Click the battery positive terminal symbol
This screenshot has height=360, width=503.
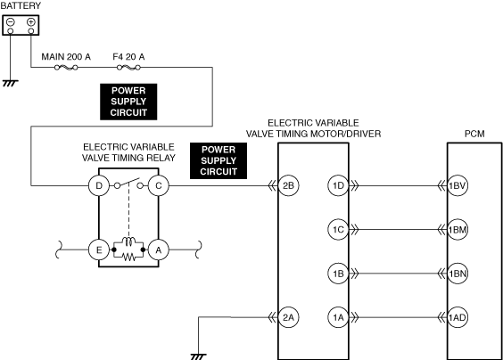31,21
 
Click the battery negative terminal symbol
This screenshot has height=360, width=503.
11,21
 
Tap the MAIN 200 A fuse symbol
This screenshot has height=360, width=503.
66,68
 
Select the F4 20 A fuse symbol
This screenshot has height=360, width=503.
128,68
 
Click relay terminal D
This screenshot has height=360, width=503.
99,185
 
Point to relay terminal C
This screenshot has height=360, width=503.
159,185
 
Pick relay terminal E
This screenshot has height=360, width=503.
99,250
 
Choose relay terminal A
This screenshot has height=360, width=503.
159,250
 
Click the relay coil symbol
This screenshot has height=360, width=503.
128,241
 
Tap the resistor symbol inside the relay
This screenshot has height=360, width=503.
128,257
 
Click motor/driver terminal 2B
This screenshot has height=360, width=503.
288,185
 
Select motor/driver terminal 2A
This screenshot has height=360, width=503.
288,317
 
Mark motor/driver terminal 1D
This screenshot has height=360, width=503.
338,185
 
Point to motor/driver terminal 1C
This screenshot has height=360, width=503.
338,230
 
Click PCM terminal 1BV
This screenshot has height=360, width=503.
458,185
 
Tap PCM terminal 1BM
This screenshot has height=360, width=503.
458,230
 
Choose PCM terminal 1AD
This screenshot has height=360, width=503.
458,317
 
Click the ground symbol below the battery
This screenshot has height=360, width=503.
11,84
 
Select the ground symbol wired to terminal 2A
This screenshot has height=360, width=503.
198,356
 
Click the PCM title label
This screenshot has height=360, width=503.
474,134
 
